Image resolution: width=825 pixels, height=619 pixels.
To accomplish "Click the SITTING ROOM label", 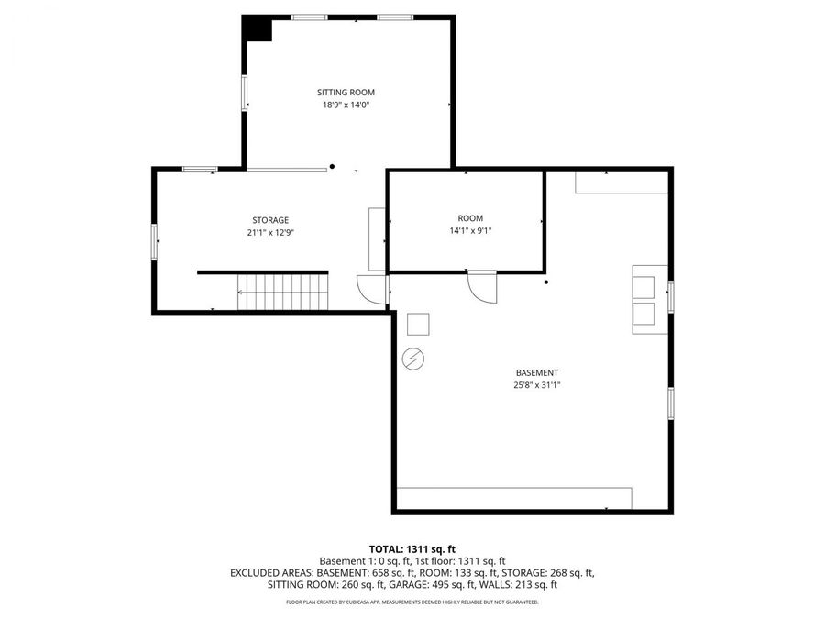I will point(346,93).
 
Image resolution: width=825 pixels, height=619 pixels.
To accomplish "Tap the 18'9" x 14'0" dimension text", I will point(346,105).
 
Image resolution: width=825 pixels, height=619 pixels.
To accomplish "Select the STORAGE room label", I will point(270,220).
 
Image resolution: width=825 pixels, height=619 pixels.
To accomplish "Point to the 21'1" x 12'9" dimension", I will point(270,233).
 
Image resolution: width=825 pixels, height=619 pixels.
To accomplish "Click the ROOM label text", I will point(470,218).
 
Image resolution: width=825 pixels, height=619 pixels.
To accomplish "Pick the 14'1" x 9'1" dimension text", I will point(470,231).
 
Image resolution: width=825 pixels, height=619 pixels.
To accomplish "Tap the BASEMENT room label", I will point(536,373).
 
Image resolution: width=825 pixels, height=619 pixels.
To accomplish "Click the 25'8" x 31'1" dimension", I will point(536,386).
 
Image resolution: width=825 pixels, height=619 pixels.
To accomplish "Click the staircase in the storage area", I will point(282,293).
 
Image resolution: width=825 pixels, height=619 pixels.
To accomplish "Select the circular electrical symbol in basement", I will point(413,359).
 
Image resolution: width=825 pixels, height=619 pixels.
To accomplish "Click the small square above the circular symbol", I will point(418,325).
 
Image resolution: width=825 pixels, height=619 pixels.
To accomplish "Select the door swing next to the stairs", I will point(372,290).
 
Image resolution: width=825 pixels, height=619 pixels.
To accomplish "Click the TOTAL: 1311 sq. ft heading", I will point(412,547).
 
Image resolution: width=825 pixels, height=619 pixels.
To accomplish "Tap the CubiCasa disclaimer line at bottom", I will point(412,602).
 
